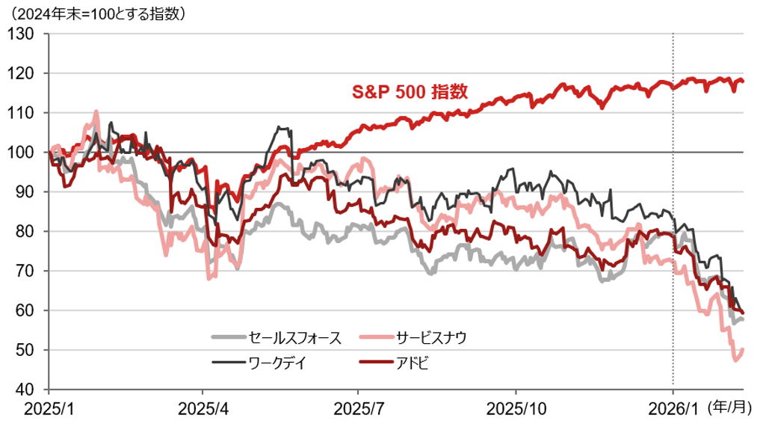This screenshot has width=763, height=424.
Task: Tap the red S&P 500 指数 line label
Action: pyautogui.click(x=410, y=92)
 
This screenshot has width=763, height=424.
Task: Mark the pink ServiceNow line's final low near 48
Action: pyautogui.click(x=736, y=360)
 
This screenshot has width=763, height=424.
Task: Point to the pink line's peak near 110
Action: pyautogui.click(x=96, y=112)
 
